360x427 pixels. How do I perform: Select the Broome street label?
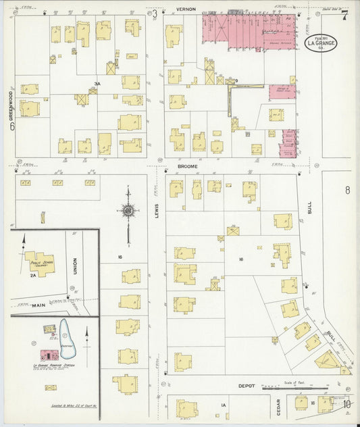click(186, 166)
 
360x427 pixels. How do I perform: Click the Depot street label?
click(246, 386)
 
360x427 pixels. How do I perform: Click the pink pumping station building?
click(48, 355)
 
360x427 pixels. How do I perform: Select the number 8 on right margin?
click(347, 190)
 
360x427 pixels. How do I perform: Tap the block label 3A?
click(97, 84)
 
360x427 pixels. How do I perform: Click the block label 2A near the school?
click(32, 276)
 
